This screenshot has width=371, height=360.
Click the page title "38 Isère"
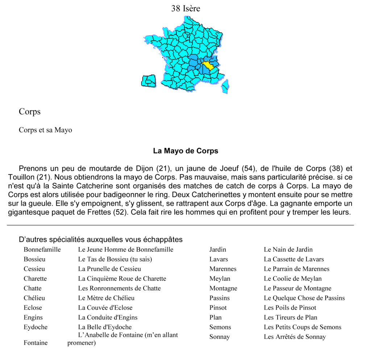coord(185,8)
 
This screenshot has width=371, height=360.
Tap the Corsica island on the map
coord(225,86)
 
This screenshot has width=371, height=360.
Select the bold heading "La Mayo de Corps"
coord(185,151)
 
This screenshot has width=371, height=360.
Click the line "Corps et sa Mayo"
coord(45,130)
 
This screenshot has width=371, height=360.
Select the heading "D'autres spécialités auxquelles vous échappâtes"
coord(101,239)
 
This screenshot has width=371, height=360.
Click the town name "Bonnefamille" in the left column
coord(42,250)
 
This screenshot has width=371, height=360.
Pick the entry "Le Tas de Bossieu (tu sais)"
coord(115,259)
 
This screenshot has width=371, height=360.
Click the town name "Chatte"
coord(33,288)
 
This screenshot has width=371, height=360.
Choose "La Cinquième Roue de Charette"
coord(122,279)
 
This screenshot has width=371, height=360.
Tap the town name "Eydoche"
coord(36,327)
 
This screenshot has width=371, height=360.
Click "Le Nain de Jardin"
coord(288,250)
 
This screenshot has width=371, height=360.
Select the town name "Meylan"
coord(220,279)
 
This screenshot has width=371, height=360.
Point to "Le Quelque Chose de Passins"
coord(304,298)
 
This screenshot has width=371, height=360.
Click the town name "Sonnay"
coord(220,337)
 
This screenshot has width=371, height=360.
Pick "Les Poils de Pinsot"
coord(290,308)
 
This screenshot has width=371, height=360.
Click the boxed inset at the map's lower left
coord(148,81)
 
